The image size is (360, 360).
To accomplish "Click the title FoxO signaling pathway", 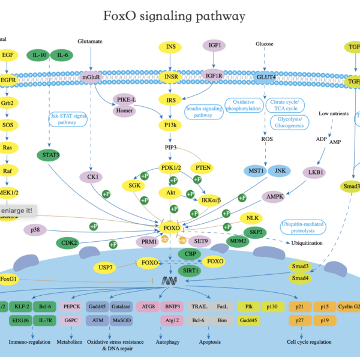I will coord(175,16).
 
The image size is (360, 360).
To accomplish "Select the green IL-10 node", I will coord(40,55).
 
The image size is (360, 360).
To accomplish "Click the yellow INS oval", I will coord(171,47).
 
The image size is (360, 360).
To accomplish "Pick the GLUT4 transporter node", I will coord(265,77).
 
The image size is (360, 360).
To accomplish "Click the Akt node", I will coord(170,193).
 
